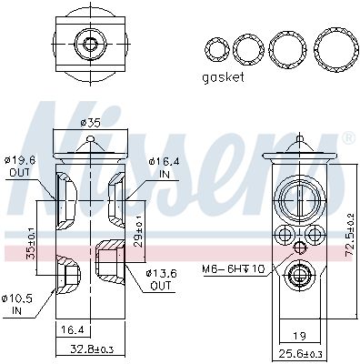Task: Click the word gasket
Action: [x=223, y=77]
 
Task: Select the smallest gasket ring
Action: [x=217, y=49]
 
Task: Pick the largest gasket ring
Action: [x=336, y=50]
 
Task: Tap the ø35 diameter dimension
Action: [x=91, y=123]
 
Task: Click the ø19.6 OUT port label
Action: [x=19, y=166]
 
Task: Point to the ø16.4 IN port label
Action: [x=164, y=167]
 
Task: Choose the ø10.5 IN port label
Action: [x=17, y=305]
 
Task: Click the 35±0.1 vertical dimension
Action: [x=30, y=243]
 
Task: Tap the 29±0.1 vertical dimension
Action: [x=138, y=231]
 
